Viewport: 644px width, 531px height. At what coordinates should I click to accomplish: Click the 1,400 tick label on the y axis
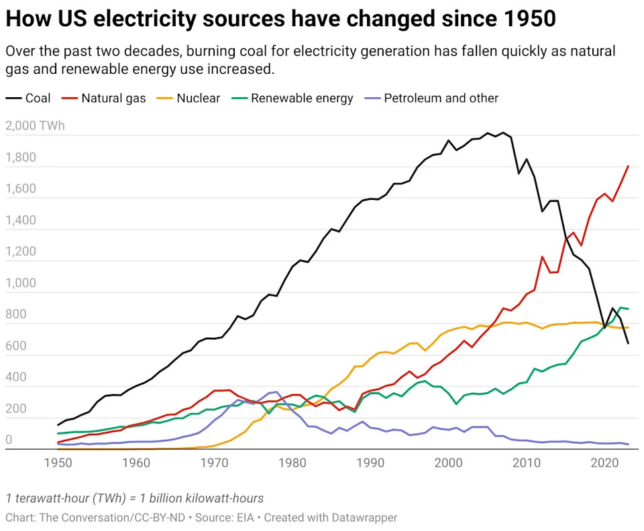click(21, 220)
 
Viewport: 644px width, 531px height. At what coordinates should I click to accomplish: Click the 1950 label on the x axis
click(58, 463)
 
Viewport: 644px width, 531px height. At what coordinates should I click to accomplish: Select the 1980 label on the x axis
click(292, 463)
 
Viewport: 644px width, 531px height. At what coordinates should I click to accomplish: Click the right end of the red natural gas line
click(628, 166)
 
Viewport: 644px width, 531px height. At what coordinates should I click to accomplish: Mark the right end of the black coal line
click(628, 343)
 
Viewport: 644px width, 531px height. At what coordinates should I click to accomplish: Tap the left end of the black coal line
click(58, 424)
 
